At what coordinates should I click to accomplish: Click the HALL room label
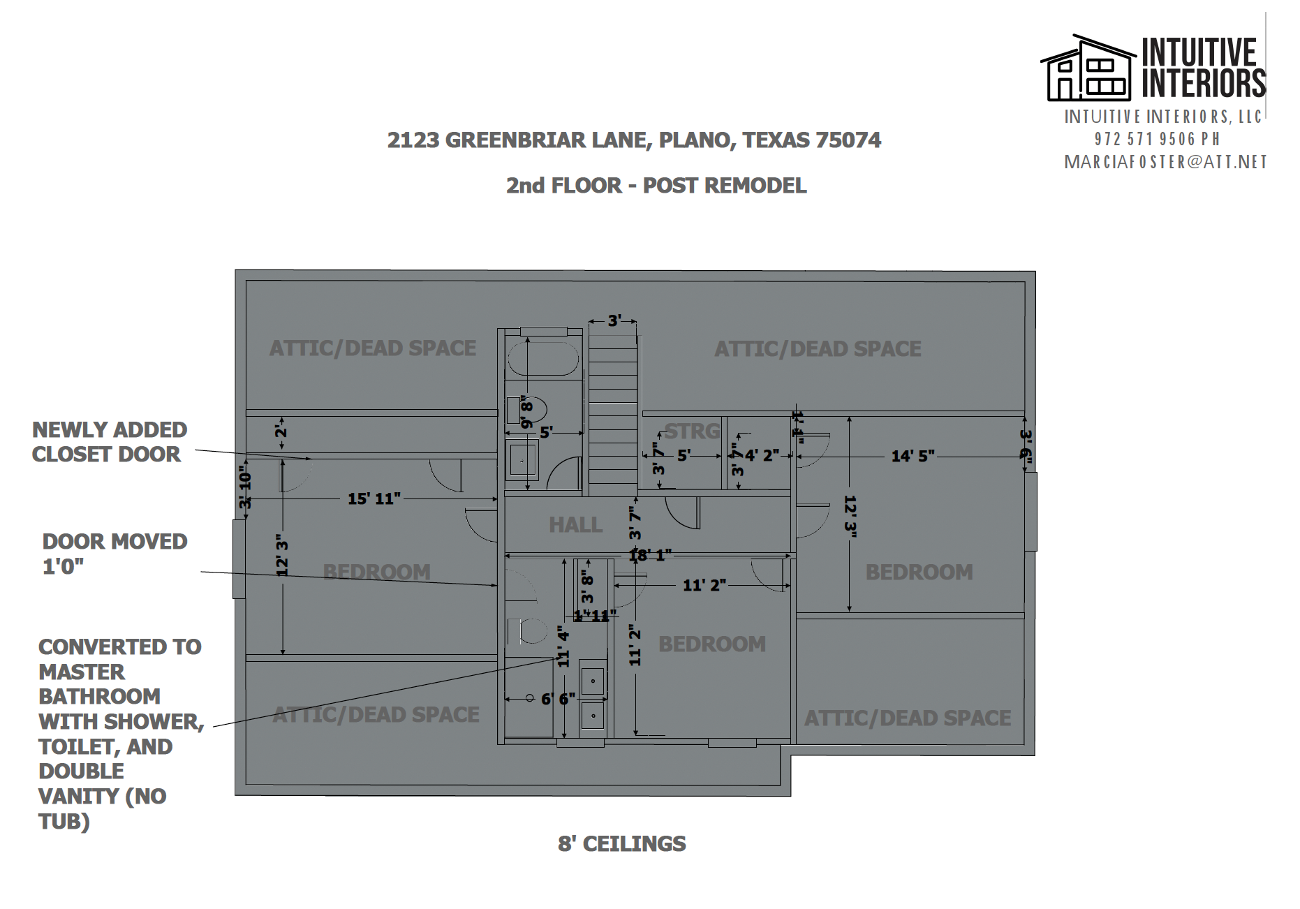pos(575,525)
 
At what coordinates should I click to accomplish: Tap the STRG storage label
pos(691,431)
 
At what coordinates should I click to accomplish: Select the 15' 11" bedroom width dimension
pos(374,498)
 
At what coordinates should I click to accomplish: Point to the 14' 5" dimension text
pos(913,457)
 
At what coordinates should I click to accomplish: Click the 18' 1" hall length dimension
pos(650,556)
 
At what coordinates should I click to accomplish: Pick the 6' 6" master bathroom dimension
pos(558,698)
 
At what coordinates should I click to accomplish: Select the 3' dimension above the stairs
pos(614,320)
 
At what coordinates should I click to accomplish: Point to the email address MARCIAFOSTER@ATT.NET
pos(1165,163)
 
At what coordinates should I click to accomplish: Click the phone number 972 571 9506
pos(1157,140)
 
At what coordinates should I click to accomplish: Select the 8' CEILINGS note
pos(621,844)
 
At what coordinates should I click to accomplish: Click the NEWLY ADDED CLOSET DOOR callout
pos(109,442)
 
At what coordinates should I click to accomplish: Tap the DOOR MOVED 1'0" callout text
pos(115,554)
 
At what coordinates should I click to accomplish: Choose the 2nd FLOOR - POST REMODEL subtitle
pos(656,186)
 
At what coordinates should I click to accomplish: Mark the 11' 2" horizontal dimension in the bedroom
pos(704,585)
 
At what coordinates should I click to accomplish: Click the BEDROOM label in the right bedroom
pos(919,572)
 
